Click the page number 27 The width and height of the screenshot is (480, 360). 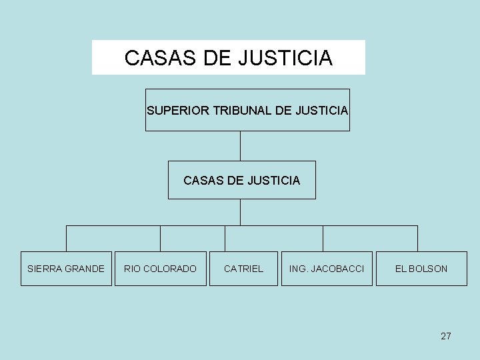[x=446, y=336]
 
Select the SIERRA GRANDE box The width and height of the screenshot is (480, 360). [x=66, y=269]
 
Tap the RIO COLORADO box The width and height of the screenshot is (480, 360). [x=160, y=269]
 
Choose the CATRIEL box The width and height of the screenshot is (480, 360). [x=243, y=269]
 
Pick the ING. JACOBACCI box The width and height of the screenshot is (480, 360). [x=327, y=269]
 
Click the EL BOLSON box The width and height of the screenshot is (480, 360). [x=421, y=269]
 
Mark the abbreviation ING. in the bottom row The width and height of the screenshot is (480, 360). [x=297, y=269]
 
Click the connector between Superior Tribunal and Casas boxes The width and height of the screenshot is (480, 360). [x=240, y=146]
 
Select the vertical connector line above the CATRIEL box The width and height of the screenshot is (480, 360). [x=225, y=238]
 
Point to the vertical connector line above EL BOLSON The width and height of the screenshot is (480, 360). [x=417, y=238]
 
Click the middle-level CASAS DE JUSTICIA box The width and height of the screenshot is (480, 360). [x=241, y=180]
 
